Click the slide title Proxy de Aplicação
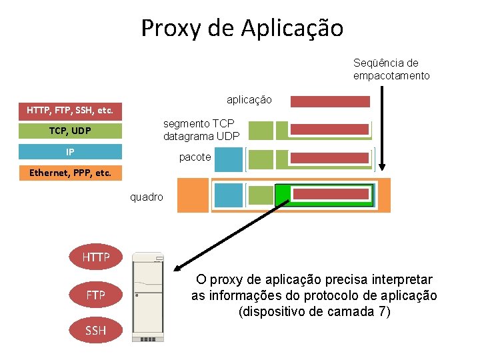[242, 28]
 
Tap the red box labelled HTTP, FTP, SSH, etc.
[70, 109]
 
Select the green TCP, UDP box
[70, 131]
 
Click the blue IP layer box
[70, 152]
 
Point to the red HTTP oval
[96, 257]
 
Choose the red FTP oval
[96, 294]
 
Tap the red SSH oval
[96, 330]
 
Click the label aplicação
[249, 100]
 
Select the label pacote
[195, 157]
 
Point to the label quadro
[146, 197]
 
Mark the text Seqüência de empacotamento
[391, 69]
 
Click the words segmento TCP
[199, 123]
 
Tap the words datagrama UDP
[201, 137]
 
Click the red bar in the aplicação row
[330, 101]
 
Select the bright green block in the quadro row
[283, 195]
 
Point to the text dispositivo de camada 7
[314, 312]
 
